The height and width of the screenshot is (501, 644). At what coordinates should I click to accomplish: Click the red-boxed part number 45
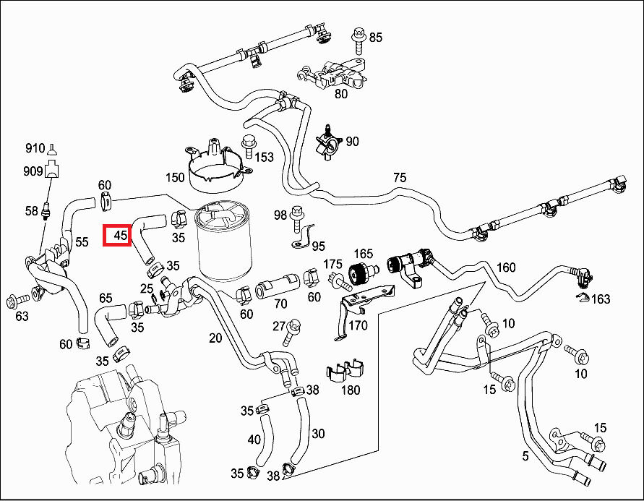[x=116, y=235]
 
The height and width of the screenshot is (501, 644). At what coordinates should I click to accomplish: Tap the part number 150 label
[x=175, y=178]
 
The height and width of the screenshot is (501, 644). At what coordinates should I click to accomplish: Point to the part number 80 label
[x=340, y=93]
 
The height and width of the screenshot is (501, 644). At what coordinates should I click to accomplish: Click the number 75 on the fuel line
[x=400, y=178]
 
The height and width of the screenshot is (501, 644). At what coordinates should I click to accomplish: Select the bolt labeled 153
[x=249, y=145]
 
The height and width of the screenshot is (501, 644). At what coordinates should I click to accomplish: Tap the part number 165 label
[x=363, y=254]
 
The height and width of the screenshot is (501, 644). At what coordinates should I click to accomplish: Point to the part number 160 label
[x=506, y=267]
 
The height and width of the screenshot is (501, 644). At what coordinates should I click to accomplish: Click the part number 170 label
[x=359, y=325]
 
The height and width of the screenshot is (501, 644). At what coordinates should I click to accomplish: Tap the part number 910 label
[x=35, y=148]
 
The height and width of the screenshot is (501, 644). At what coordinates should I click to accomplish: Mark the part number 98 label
[x=280, y=215]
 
